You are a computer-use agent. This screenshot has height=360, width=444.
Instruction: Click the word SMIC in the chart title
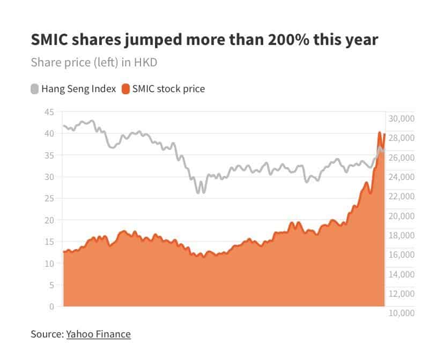pyautogui.click(x=49, y=41)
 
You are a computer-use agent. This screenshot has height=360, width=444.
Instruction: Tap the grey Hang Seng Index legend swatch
pyautogui.click(x=35, y=89)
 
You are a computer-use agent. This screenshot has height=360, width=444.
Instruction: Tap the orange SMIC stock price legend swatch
pyautogui.click(x=126, y=89)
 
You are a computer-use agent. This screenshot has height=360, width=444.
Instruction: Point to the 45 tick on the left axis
pyautogui.click(x=49, y=112)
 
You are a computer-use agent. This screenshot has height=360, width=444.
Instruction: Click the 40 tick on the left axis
pyautogui.click(x=49, y=133)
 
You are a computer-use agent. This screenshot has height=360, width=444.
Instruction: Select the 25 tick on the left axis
pyautogui.click(x=49, y=199)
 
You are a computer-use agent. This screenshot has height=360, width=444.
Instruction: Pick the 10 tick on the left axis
pyautogui.click(x=49, y=264)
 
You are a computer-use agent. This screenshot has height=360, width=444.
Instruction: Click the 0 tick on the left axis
pyautogui.click(x=51, y=307)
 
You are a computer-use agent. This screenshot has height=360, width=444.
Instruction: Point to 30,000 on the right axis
pyautogui.click(x=401, y=118)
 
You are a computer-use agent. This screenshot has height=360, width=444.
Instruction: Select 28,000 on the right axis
pyautogui.click(x=401, y=138)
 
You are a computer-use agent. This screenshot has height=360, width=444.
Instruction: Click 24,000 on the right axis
pyautogui.click(x=401, y=177)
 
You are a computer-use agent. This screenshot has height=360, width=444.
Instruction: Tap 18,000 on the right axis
pyautogui.click(x=401, y=235)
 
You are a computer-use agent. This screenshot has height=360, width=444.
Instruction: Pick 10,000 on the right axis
pyautogui.click(x=401, y=313)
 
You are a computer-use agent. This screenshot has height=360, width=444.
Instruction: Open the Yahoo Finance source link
pyautogui.click(x=98, y=334)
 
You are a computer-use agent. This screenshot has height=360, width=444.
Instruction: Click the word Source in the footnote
pyautogui.click(x=46, y=334)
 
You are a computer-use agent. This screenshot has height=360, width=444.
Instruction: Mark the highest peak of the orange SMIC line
pyautogui.click(x=380, y=132)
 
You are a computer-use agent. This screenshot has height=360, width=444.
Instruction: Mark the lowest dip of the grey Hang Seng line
pyautogui.click(x=198, y=192)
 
